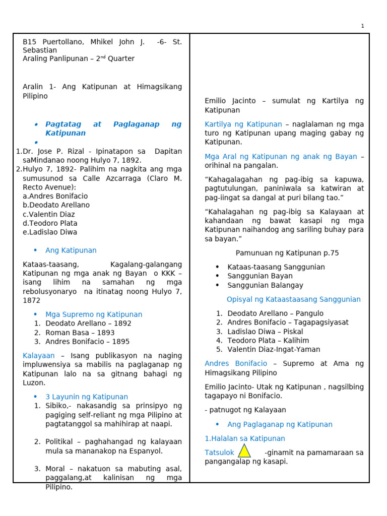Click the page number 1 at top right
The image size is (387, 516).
click(362, 26)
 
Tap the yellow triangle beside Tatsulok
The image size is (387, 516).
click(244, 451)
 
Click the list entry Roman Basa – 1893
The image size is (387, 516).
click(80, 333)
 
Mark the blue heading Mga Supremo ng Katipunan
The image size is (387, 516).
click(94, 314)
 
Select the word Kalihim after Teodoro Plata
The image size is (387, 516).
click(298, 341)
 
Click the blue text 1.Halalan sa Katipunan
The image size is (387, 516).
click(245, 438)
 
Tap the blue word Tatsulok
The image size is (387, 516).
click(220, 453)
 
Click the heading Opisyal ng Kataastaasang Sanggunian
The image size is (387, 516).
click(293, 299)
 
